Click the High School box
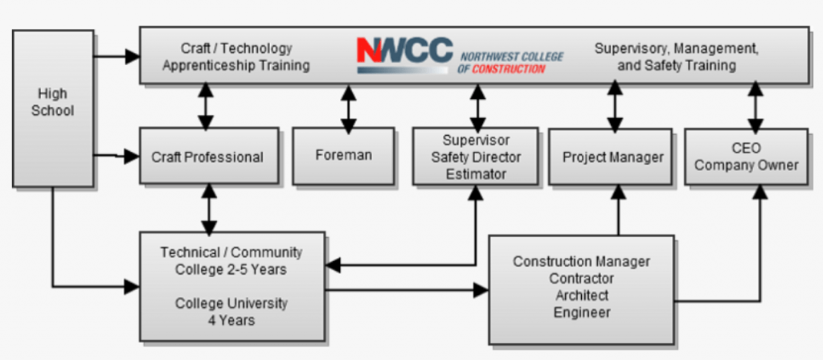(53, 108)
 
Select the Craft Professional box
(209, 156)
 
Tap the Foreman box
(343, 156)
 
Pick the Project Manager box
(611, 157)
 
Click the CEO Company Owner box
(747, 157)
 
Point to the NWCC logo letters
(405, 51)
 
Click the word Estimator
(476, 174)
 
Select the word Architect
(582, 295)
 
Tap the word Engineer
(582, 313)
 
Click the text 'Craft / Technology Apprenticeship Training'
(236, 57)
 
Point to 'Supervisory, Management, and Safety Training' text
(677, 57)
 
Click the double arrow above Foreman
(349, 108)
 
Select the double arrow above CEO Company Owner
(755, 108)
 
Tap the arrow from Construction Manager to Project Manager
(618, 210)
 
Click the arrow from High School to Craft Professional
(117, 156)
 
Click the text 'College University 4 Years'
(231, 311)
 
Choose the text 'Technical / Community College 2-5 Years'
(231, 261)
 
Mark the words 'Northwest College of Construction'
(510, 63)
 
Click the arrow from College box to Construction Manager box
(407, 289)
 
